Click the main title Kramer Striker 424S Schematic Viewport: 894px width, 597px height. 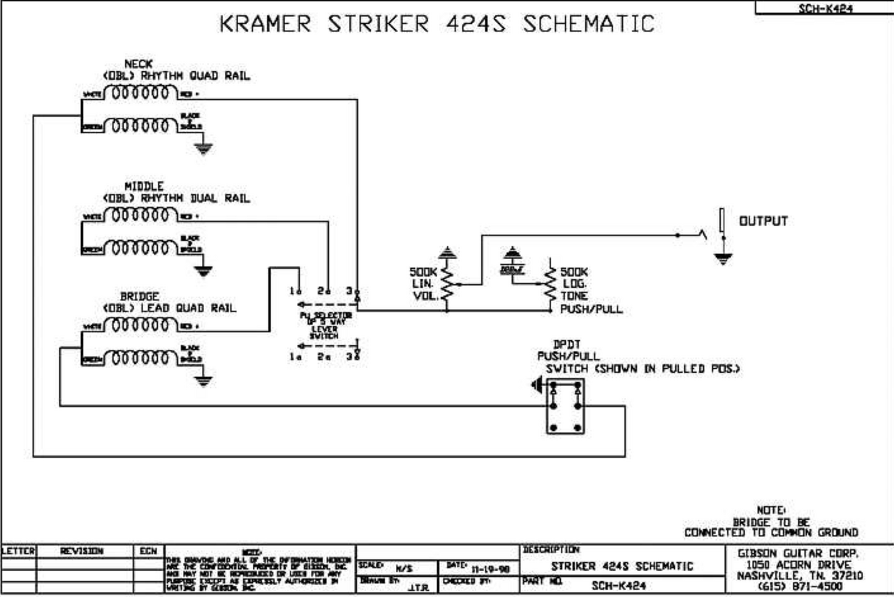(437, 24)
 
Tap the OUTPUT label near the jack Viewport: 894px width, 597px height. (763, 221)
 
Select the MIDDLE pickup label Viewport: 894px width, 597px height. (144, 186)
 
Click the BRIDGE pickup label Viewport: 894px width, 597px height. (140, 297)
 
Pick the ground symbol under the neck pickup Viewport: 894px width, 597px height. (203, 147)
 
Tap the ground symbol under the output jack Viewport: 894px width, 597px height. (724, 259)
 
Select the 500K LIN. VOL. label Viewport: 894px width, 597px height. (424, 283)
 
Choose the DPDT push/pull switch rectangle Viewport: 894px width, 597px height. (565, 408)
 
